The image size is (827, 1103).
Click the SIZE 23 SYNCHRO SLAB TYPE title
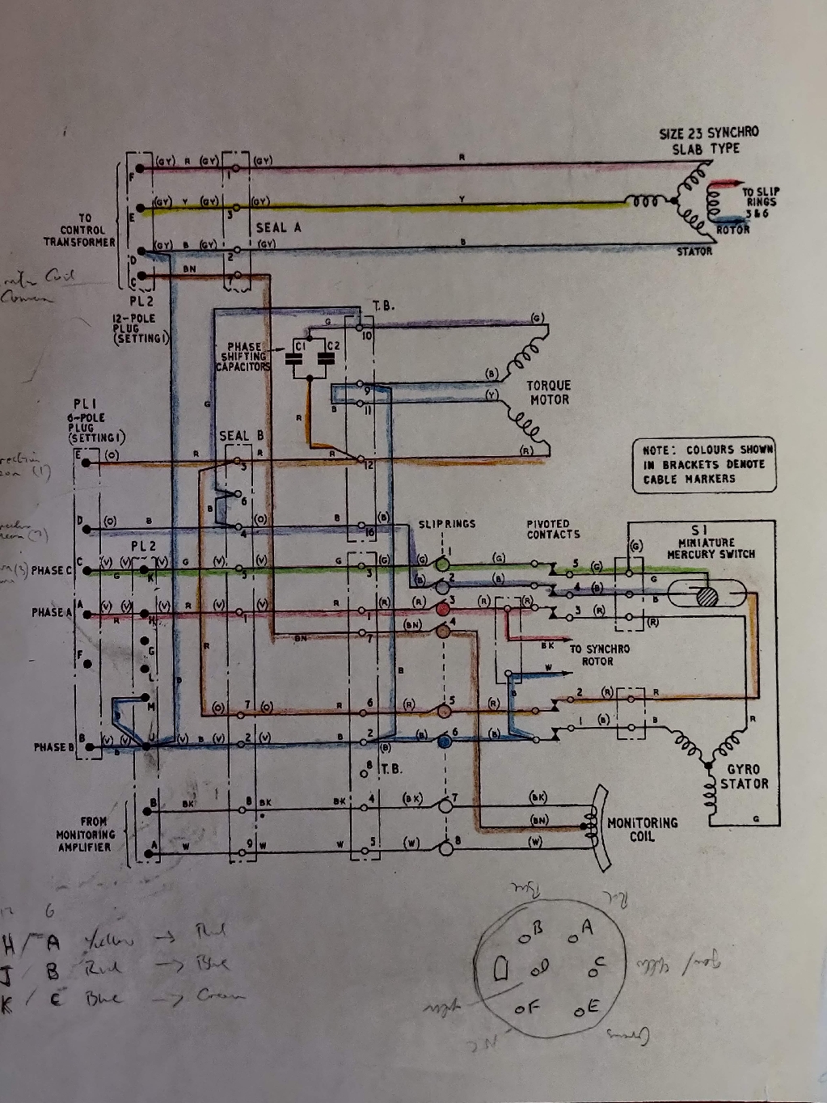tap(709, 141)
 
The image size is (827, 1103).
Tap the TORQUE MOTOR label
tap(549, 393)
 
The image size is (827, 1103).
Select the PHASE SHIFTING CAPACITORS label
tap(243, 357)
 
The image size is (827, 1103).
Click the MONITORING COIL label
tap(642, 829)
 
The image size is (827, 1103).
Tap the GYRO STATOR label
tap(747, 777)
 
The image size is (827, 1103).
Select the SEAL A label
tap(278, 228)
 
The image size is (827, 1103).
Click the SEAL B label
tap(242, 436)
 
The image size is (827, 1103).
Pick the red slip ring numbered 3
tap(442, 608)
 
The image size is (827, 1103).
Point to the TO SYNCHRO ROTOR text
tap(599, 655)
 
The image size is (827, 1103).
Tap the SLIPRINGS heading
tap(447, 524)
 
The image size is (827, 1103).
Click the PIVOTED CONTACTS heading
tap(553, 529)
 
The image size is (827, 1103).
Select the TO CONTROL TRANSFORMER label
tap(80, 230)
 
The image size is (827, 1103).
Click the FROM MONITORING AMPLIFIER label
tap(85, 834)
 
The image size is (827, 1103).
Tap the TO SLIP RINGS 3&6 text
tap(761, 201)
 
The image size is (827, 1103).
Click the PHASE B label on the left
tap(53, 746)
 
